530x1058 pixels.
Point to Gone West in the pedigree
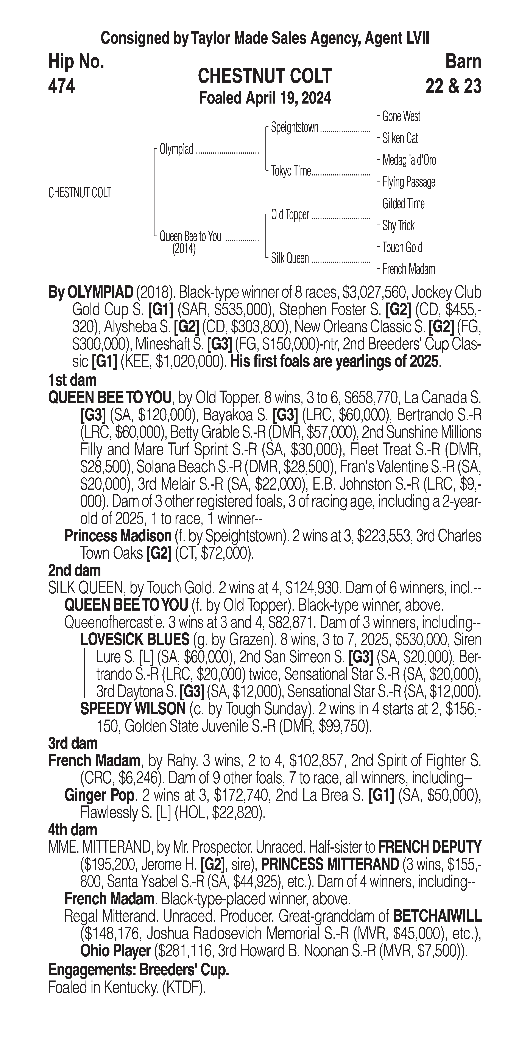tap(401, 117)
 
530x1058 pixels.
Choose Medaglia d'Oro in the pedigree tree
tap(409, 160)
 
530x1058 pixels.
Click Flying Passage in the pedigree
tap(408, 182)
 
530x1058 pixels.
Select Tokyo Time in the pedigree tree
tap(291, 171)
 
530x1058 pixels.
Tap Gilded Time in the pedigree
tap(403, 204)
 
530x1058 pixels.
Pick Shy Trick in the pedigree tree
tap(398, 225)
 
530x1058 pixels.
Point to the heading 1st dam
tap(72, 380)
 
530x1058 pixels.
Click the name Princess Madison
tap(118, 536)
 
